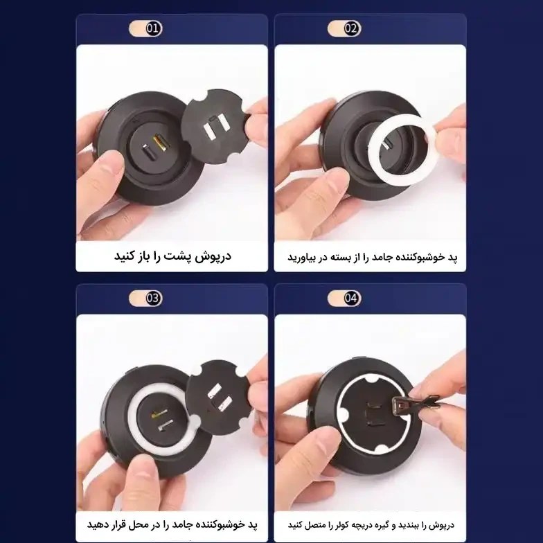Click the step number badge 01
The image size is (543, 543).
point(145,28)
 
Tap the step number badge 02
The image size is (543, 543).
point(344,28)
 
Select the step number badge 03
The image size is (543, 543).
point(145,298)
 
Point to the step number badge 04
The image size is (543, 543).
point(344,298)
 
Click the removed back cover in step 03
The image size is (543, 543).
point(218,396)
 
